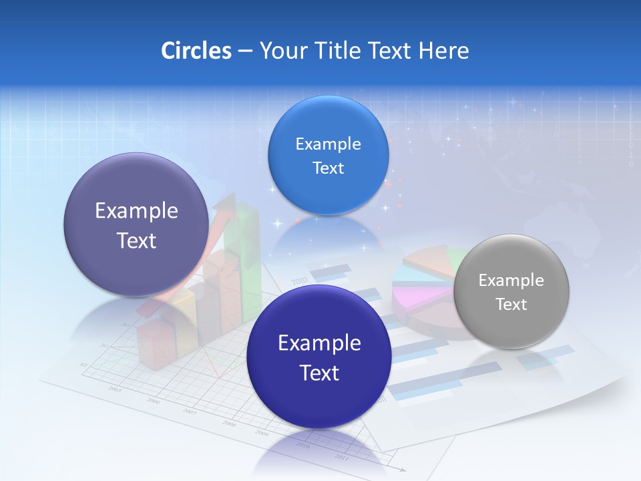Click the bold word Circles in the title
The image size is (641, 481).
tap(196, 51)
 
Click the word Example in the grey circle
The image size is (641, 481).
tap(511, 281)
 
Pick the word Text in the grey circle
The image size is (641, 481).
tap(511, 305)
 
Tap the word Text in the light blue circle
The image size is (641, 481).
tap(328, 168)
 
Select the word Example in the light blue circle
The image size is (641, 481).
tap(328, 144)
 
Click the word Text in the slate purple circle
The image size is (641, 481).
tap(136, 240)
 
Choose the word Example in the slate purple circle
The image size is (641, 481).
tap(136, 211)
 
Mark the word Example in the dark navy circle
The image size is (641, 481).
tap(319, 343)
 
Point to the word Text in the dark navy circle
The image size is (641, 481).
tap(319, 373)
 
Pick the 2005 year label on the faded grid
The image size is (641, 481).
tap(115, 389)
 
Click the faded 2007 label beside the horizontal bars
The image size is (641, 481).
tap(298, 280)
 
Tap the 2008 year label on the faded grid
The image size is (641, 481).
tap(229, 424)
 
